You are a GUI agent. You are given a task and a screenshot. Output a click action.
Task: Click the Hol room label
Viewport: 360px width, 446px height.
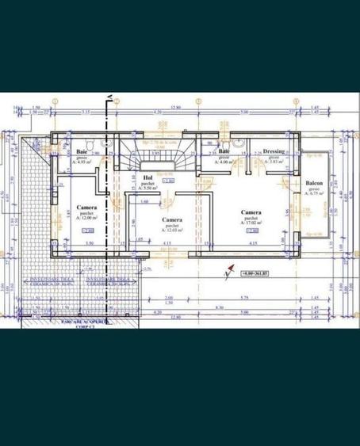(x=147, y=177)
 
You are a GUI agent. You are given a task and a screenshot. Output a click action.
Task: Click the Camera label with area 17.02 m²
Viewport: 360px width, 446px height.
(x=252, y=213)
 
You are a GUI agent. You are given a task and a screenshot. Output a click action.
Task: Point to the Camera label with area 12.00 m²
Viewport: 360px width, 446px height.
(x=87, y=207)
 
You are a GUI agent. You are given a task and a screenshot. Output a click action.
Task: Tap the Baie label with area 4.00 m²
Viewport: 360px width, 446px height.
(x=224, y=151)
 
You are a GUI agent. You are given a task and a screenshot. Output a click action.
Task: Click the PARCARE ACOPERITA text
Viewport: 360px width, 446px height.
(x=84, y=322)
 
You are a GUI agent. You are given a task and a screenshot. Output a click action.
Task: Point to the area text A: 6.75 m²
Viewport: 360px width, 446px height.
(x=314, y=196)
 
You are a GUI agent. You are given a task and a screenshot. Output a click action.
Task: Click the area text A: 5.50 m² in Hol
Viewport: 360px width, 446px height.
(x=148, y=189)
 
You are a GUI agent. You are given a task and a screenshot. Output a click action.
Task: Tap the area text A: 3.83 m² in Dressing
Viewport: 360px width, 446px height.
(x=274, y=162)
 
